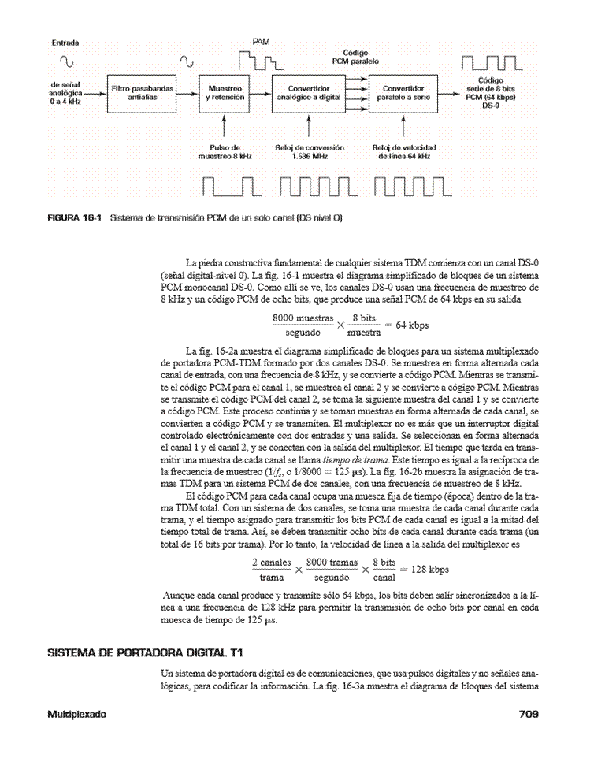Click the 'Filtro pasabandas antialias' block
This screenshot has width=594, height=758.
(143, 94)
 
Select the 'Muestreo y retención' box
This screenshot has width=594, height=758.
(225, 94)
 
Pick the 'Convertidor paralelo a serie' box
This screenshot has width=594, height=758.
(403, 94)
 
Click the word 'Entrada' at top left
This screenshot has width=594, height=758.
(67, 42)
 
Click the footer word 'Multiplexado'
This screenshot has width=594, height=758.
(74, 714)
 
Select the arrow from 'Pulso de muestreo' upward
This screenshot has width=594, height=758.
(225, 127)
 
